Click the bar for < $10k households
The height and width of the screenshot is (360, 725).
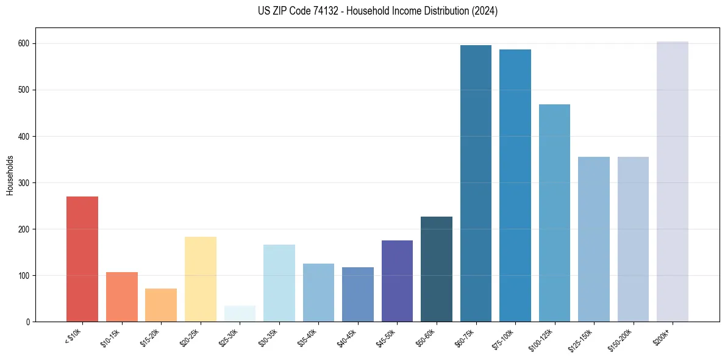[82, 259]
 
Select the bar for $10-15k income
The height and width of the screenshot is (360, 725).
[122, 297]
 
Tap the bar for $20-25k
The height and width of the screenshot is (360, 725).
[201, 279]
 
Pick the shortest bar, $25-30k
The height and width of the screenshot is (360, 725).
[240, 314]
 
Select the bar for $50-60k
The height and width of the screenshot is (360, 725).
[437, 269]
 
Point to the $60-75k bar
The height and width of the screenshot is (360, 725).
[476, 183]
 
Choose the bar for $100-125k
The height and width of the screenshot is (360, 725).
[554, 213]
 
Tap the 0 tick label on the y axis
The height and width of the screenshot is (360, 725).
[29, 322]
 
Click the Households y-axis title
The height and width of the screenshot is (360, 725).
[10, 175]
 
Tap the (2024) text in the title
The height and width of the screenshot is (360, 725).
[485, 11]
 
